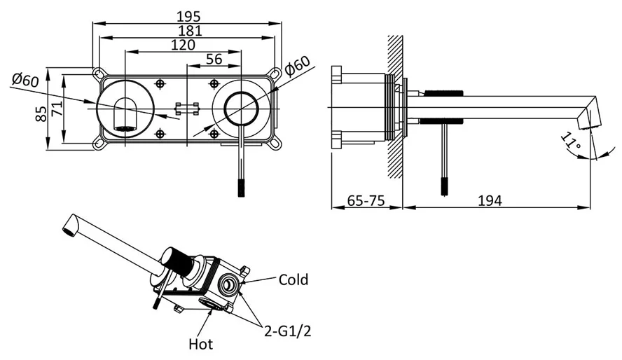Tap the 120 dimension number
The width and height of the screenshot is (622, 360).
point(183,45)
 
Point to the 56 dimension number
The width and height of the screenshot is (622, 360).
point(214,60)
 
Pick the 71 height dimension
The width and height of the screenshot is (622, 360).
point(57,109)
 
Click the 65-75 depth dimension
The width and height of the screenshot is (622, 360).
point(366,201)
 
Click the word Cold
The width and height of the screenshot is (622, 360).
point(293,280)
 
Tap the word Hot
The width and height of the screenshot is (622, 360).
point(201,344)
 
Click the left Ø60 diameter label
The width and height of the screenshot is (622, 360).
point(25,79)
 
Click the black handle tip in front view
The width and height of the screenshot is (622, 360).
point(242,188)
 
